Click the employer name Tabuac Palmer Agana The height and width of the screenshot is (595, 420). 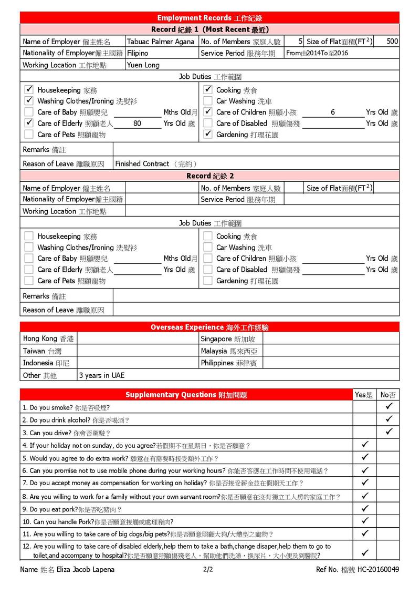click(160, 42)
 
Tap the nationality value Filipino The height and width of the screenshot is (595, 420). click(138, 53)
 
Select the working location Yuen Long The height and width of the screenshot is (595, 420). click(143, 65)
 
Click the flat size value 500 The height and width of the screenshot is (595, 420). click(392, 42)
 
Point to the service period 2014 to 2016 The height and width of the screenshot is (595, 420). click(317, 53)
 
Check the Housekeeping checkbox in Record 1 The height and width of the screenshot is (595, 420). click(29, 90)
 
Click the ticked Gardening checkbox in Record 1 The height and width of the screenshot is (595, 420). click(208, 135)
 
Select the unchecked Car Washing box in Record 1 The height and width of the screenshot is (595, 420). click(208, 101)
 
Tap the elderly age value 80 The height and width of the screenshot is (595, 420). click(137, 124)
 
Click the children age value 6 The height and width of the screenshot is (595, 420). click(333, 112)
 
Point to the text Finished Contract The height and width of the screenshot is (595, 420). click(142, 164)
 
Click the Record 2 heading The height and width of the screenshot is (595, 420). click(210, 176)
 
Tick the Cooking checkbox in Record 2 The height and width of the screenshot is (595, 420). click(208, 237)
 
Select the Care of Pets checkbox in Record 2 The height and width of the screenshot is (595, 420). click(29, 281)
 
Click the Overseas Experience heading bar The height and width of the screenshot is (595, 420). click(210, 327)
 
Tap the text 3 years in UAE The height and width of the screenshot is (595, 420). click(102, 375)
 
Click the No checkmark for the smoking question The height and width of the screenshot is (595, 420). click(388, 407)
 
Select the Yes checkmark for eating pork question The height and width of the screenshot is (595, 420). click(365, 509)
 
